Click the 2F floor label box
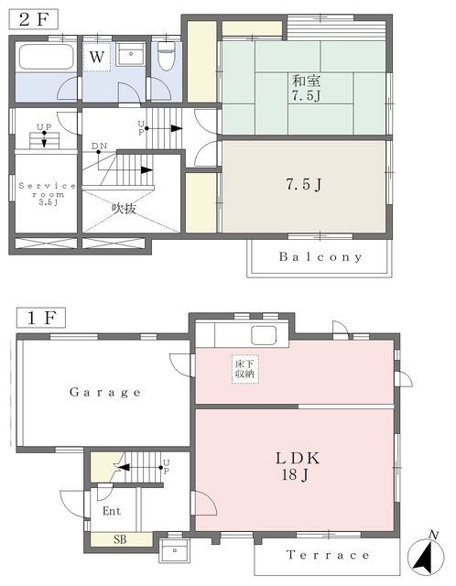[x=34, y=19]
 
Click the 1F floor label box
[x=41, y=318]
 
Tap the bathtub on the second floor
[x=47, y=57]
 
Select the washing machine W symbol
[x=97, y=57]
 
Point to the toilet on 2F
[x=167, y=56]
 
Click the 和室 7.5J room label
[x=307, y=88]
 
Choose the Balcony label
[x=320, y=256]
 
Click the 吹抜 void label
[x=124, y=209]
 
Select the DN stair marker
[x=100, y=146]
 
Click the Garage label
[x=105, y=392]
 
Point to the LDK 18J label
[x=298, y=466]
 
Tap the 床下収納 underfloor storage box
[x=244, y=369]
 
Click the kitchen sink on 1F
[x=264, y=335]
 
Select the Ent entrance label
[x=112, y=511]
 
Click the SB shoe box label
[x=120, y=539]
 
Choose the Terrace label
[x=328, y=555]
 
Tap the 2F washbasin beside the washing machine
[x=130, y=55]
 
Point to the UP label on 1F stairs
[x=167, y=467]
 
